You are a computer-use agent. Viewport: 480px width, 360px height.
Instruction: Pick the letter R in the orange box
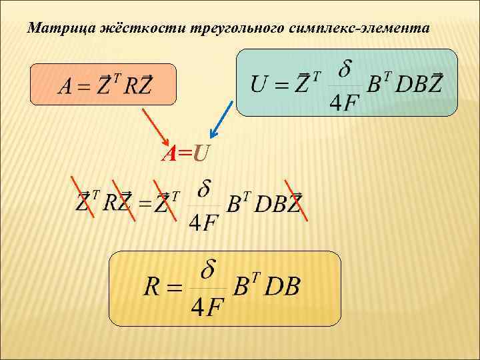129,87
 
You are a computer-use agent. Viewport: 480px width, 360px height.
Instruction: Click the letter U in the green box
261,85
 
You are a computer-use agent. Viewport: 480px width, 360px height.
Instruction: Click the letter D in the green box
404,85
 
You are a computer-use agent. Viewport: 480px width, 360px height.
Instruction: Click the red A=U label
185,155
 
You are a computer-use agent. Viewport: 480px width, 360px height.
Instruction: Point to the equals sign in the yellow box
175,289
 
